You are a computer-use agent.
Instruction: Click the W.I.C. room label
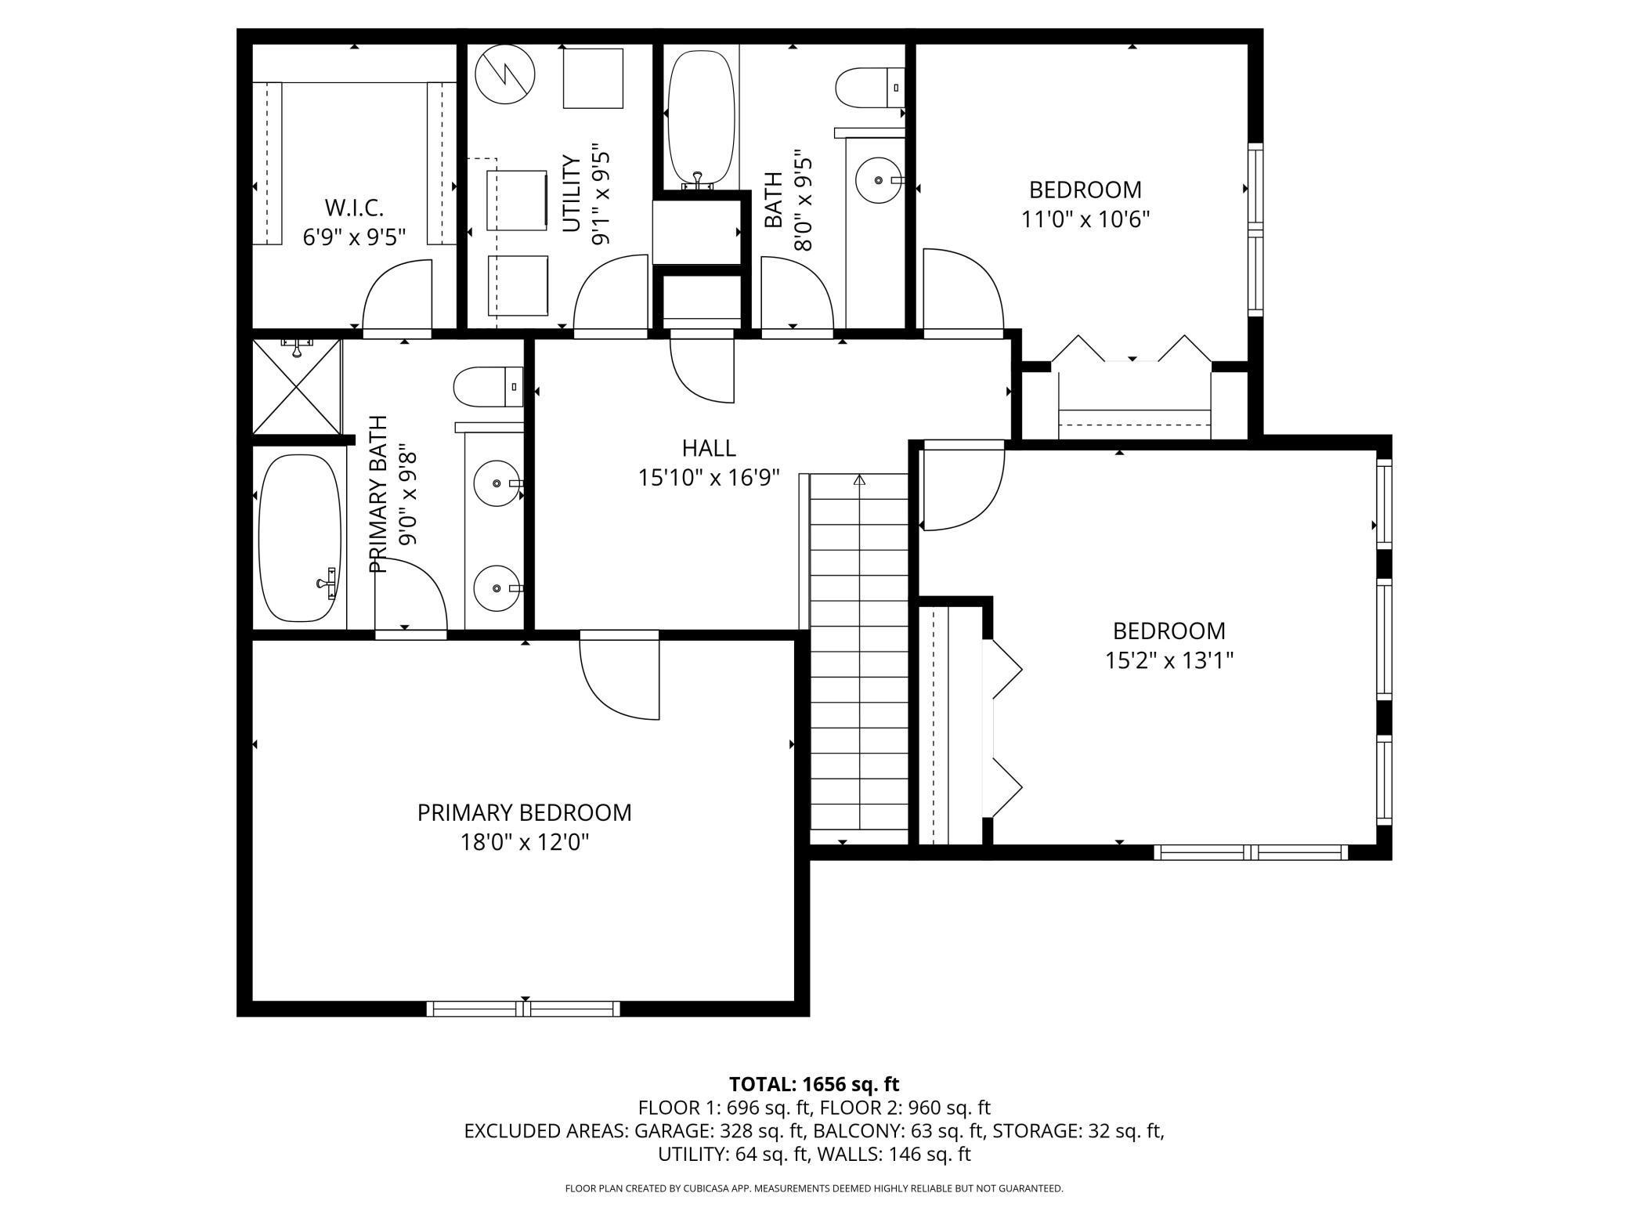(x=354, y=208)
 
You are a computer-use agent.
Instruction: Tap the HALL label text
(x=709, y=448)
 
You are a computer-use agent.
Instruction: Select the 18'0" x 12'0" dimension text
(x=524, y=842)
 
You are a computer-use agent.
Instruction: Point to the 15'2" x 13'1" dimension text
(x=1168, y=660)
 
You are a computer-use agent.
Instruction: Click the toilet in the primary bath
(x=489, y=387)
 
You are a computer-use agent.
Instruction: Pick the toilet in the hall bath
(x=870, y=88)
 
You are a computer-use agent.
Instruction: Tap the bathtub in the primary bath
(x=300, y=538)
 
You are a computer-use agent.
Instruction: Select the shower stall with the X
(x=297, y=385)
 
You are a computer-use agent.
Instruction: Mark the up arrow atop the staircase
(x=859, y=479)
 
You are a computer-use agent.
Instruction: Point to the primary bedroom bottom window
(x=523, y=1008)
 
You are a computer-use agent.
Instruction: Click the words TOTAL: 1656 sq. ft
(x=814, y=1084)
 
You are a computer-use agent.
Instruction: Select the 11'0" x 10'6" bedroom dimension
(x=1085, y=219)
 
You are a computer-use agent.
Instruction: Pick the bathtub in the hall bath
(x=701, y=120)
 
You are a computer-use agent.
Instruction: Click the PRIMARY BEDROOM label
(x=524, y=812)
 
